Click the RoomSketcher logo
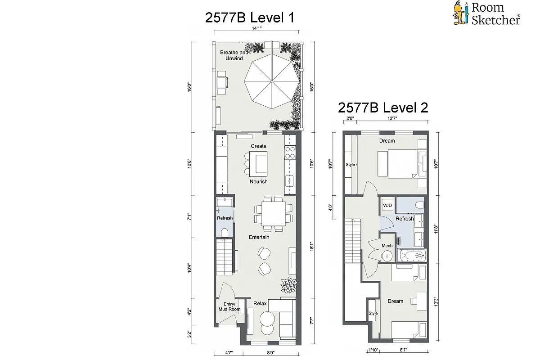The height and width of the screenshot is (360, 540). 486,13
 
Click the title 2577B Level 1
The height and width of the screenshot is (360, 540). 250,18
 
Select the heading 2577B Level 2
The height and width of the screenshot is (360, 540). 382,108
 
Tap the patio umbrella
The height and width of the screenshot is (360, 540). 270,81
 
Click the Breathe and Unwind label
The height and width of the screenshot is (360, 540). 234,55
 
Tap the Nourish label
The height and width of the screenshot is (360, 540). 259,181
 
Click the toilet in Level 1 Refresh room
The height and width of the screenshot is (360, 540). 225,232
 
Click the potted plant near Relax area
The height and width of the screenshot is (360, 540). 288,285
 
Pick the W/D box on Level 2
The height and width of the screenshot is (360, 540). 387,206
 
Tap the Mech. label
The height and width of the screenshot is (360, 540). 387,246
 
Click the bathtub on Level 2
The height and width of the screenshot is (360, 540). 412,256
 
